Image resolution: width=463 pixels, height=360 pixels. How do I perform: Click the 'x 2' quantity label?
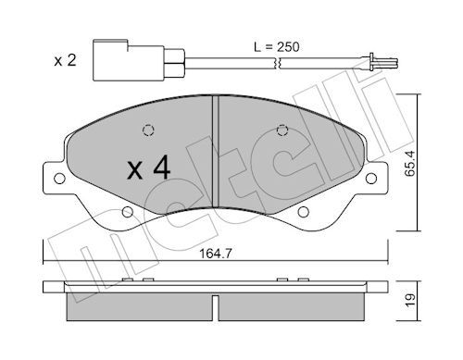tap(65, 60)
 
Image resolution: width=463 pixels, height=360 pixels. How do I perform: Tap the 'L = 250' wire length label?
tap(277, 47)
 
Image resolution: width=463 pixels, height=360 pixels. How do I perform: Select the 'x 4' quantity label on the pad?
tap(148, 168)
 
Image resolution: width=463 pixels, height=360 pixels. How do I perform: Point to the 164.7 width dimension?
tap(216, 254)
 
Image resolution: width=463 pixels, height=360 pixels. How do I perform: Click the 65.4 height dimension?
tap(410, 163)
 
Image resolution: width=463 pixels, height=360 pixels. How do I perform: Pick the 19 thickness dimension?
tap(410, 300)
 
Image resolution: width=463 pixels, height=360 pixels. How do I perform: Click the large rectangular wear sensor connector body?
tap(129, 60)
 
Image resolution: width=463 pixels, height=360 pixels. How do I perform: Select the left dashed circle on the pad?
tap(148, 130)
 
